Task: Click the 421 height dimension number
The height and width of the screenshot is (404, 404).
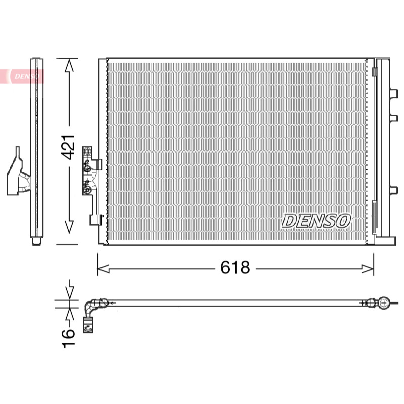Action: click(68, 146)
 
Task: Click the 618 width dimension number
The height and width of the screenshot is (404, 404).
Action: click(235, 267)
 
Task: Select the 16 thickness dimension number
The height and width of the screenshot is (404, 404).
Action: click(68, 338)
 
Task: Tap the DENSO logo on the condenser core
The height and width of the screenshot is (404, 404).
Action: click(316, 221)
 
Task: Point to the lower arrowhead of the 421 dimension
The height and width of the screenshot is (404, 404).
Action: click(69, 227)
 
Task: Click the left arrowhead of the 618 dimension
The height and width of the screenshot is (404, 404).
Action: click(104, 269)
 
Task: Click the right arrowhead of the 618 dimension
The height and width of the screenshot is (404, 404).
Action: click(368, 269)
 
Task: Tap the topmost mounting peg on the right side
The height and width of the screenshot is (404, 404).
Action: click(394, 94)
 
